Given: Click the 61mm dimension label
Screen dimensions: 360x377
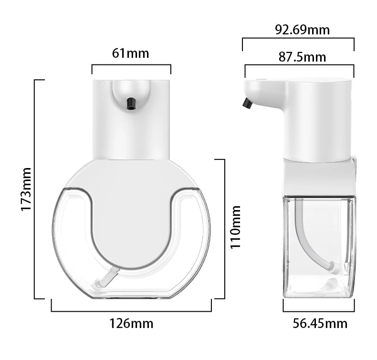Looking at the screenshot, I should click(131, 53).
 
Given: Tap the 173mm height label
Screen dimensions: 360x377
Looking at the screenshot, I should click(26, 189).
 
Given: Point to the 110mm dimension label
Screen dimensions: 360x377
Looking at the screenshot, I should click(235, 227).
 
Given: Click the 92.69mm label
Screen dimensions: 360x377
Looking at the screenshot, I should click(303, 30).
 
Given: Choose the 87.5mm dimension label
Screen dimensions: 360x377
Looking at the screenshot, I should click(303, 57).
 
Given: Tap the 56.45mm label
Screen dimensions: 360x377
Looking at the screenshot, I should click(320, 324).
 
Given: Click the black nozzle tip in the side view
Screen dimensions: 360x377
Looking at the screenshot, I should click(247, 103).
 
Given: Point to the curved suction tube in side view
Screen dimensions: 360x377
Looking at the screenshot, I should click(305, 239).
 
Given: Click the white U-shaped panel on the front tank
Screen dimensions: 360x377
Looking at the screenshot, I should click(131, 210).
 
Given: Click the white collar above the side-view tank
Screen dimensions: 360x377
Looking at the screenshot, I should click(319, 177).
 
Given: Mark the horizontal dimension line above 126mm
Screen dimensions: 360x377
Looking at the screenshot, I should click(131, 311).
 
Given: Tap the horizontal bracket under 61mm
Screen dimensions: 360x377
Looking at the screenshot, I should click(131, 65).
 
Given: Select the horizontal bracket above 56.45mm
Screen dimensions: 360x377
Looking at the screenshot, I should click(319, 311).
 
